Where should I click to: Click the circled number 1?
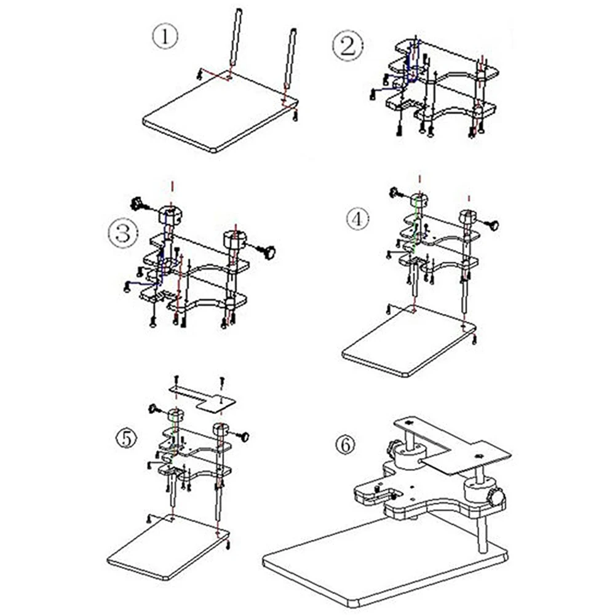pyautogui.click(x=165, y=36)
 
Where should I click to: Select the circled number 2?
pyautogui.click(x=347, y=46)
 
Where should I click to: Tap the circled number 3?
pyautogui.click(x=123, y=232)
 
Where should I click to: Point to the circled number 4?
pyautogui.click(x=357, y=218)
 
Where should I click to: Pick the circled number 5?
pyautogui.click(x=126, y=438)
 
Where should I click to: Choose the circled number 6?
pyautogui.click(x=345, y=445)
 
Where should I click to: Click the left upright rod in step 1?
pyautogui.click(x=236, y=38)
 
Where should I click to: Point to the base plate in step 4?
pyautogui.click(x=409, y=341)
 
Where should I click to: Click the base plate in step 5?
pyautogui.click(x=168, y=548)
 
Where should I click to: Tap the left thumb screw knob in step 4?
pyautogui.click(x=395, y=192)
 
